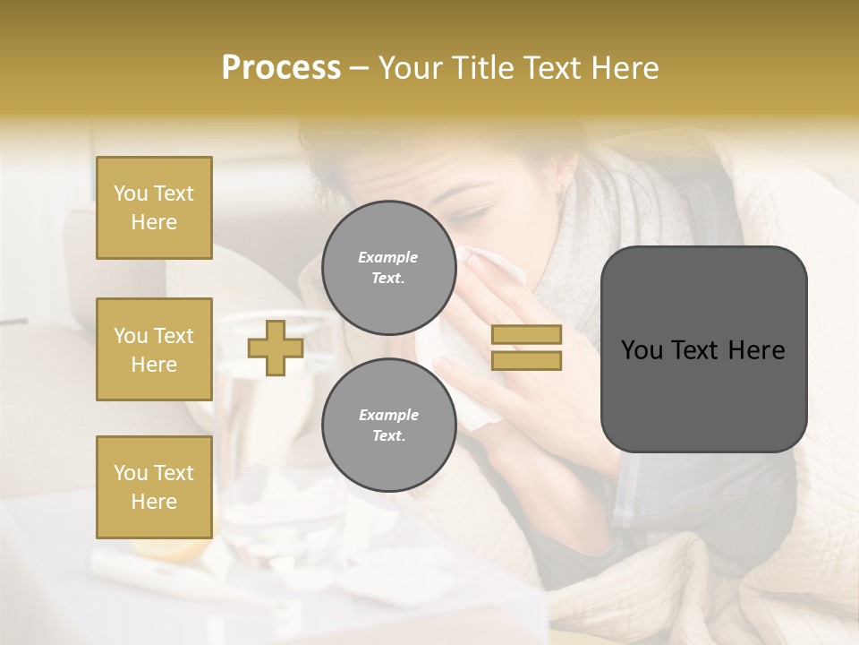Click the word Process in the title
281,68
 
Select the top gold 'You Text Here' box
154,208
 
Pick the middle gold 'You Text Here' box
154,349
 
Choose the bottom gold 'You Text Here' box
154,487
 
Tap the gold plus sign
276,348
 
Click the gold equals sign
526,348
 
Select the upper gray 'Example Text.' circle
388,267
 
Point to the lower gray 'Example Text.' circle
388,425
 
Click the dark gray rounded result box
703,349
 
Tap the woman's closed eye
474,215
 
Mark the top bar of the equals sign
526,335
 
